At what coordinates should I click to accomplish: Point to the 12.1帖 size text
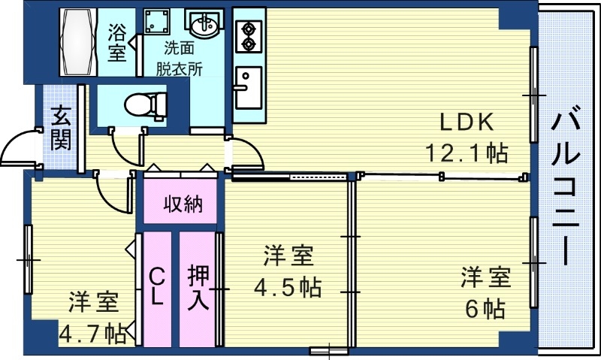467,153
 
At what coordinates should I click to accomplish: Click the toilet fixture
144,104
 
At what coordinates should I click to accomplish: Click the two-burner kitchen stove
247,35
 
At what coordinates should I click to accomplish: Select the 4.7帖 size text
93,332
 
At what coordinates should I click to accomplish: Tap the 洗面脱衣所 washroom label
180,59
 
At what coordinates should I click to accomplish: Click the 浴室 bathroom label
117,42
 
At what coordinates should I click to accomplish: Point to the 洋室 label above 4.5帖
288,256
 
